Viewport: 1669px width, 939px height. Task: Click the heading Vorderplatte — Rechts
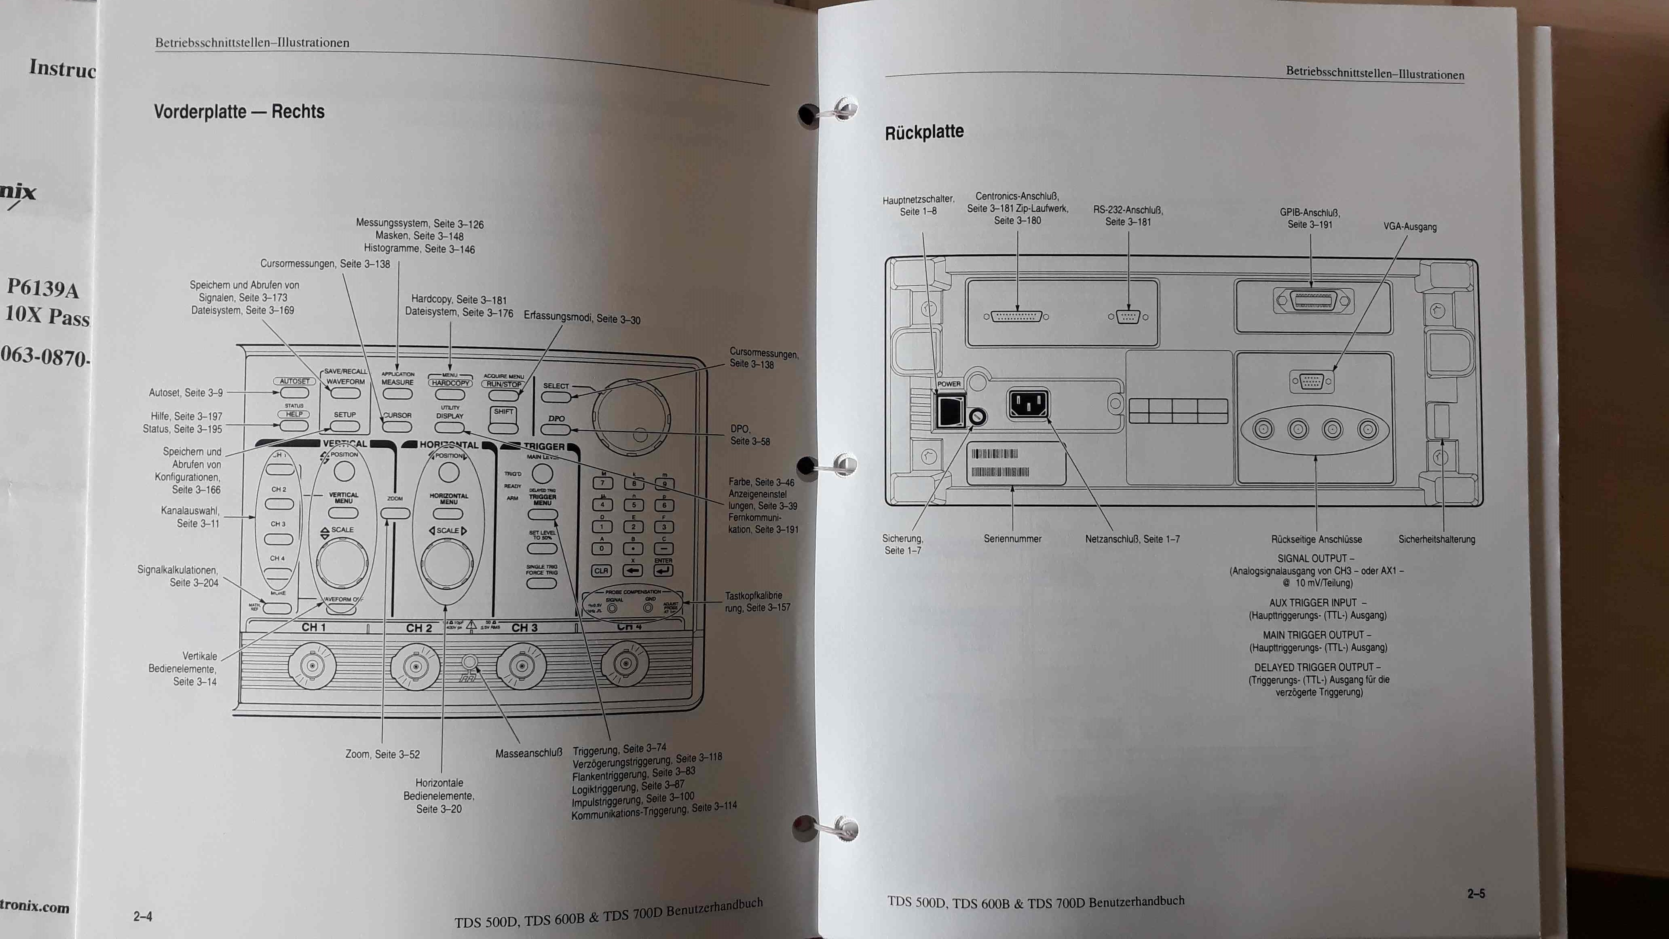pyautogui.click(x=239, y=112)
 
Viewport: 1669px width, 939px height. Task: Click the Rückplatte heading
pyautogui.click(x=924, y=132)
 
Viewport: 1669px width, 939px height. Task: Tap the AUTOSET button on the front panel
pyautogui.click(x=294, y=393)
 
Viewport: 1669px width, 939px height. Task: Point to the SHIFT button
pyautogui.click(x=503, y=420)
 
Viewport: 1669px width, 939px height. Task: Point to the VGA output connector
pyautogui.click(x=1312, y=382)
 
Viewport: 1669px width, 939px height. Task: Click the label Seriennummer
pyautogui.click(x=1012, y=539)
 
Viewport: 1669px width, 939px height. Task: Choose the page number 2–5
pyautogui.click(x=1476, y=894)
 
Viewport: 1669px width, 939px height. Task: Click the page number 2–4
pyautogui.click(x=143, y=916)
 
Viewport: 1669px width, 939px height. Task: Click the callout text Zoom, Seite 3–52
pyautogui.click(x=382, y=754)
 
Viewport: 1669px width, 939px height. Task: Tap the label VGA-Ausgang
pyautogui.click(x=1410, y=227)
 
